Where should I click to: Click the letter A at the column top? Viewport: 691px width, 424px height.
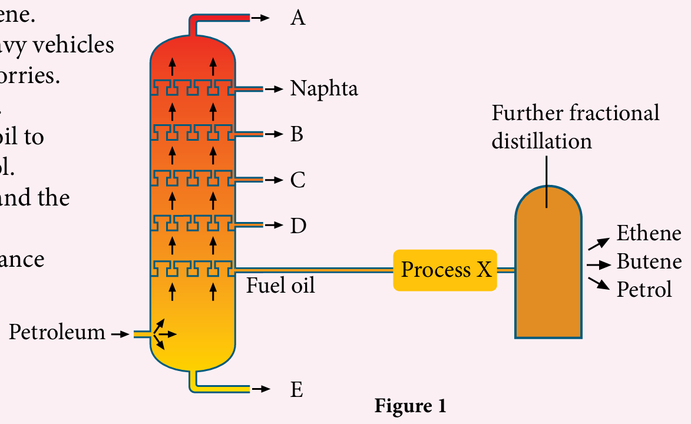click(x=298, y=18)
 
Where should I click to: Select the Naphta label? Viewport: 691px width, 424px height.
click(x=324, y=89)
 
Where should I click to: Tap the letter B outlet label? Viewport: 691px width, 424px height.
click(x=297, y=134)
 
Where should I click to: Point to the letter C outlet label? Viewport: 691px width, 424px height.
click(x=297, y=180)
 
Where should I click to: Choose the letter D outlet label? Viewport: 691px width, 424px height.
click(x=298, y=225)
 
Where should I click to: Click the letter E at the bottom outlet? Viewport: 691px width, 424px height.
click(x=297, y=390)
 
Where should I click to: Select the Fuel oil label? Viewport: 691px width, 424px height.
click(x=280, y=286)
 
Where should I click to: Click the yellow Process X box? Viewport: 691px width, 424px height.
click(x=445, y=270)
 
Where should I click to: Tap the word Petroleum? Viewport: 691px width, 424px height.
click(x=57, y=333)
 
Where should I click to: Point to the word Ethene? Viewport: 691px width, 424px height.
click(x=649, y=233)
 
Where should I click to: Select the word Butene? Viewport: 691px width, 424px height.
click(x=649, y=261)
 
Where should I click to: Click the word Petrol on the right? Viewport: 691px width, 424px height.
click(x=644, y=289)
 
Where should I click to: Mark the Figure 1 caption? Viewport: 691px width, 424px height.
click(x=410, y=406)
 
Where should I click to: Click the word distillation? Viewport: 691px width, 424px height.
click(x=542, y=141)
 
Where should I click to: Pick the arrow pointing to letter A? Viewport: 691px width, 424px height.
click(x=261, y=18)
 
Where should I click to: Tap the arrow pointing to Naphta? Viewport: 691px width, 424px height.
click(x=273, y=89)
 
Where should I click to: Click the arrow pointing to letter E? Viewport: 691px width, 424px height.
click(x=261, y=389)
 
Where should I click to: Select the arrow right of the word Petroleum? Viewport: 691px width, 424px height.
click(x=120, y=334)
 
